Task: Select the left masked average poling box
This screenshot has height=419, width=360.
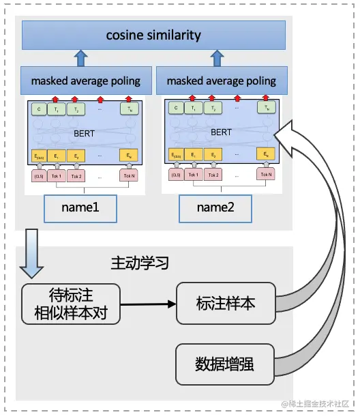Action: (x=85, y=81)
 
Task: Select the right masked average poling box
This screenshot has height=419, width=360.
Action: (x=222, y=81)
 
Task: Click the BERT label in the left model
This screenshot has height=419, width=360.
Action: (x=85, y=133)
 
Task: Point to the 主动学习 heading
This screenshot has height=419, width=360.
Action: (x=139, y=263)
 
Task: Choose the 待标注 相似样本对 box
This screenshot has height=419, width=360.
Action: (x=71, y=304)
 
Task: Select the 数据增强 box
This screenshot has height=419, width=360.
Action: (x=225, y=364)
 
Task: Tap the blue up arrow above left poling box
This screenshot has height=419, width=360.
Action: (x=80, y=58)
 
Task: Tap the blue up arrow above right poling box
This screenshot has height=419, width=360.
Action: (x=217, y=58)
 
